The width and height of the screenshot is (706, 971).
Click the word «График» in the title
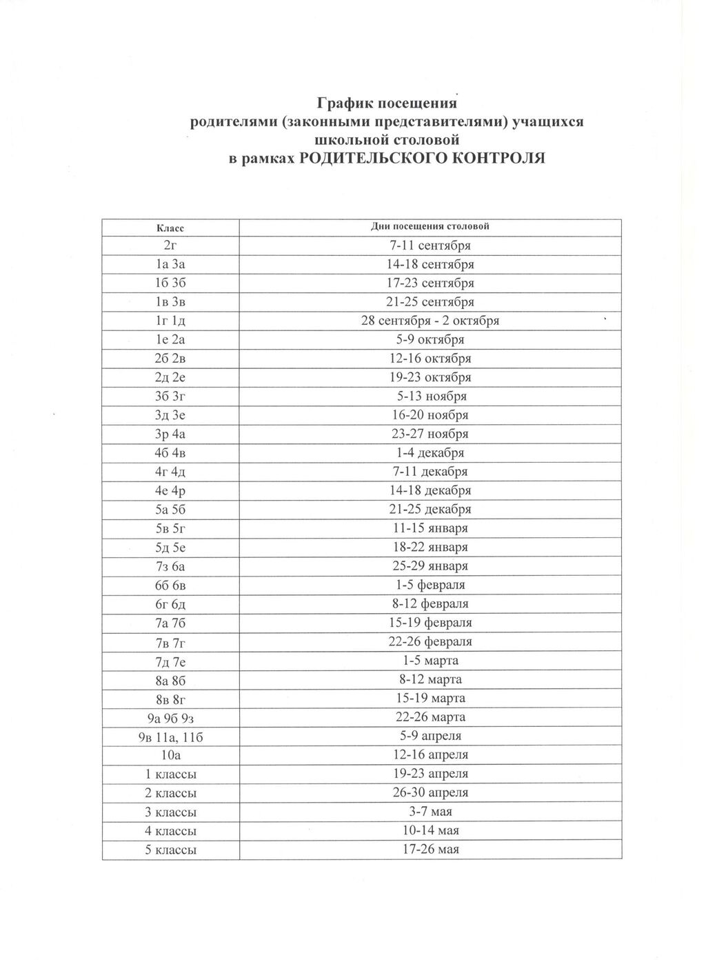pos(345,104)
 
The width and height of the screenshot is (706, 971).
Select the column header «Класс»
pos(170,227)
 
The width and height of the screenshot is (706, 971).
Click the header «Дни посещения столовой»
pos(430,226)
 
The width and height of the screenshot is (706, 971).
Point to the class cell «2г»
pos(170,246)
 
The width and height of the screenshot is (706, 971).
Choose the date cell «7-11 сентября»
pos(430,246)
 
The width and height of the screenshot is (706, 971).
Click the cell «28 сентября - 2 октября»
pos(430,321)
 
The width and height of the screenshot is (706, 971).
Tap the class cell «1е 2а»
pos(170,340)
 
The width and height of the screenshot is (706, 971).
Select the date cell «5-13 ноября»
pos(430,397)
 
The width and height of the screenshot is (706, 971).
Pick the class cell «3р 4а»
pos(170,434)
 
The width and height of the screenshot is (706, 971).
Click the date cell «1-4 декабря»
pos(430,453)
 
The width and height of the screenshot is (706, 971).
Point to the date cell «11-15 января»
pos(430,528)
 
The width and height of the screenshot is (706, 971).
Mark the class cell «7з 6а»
pos(170,566)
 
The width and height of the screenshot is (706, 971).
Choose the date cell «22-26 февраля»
pos(430,641)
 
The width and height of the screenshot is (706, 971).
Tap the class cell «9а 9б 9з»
pos(170,717)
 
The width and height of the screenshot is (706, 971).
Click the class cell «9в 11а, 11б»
pos(170,737)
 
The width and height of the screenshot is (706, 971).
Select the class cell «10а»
pos(170,755)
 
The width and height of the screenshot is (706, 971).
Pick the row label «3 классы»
pos(170,812)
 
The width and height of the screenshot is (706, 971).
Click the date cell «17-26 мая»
pos(430,850)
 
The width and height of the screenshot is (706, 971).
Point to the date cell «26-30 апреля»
pos(430,793)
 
